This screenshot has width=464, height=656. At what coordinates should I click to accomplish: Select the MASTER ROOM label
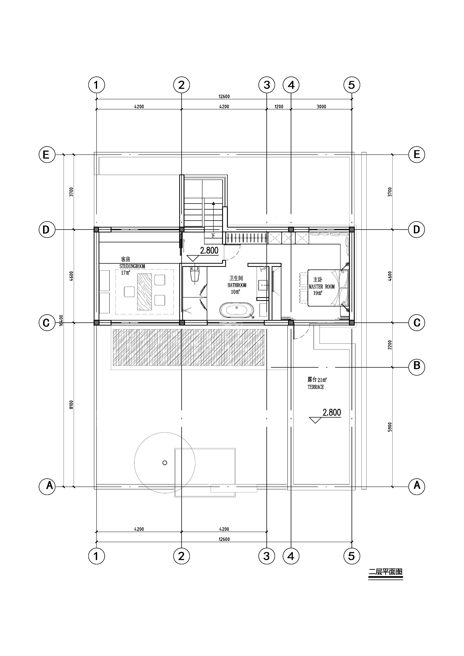322,286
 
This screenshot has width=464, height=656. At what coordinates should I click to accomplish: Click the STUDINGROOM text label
132,266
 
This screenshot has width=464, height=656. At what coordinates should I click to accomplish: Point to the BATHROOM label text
237,285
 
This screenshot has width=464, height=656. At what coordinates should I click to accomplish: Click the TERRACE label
316,387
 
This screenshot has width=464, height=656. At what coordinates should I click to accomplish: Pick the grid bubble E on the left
47,155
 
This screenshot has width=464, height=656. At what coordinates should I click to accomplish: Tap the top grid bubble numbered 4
291,85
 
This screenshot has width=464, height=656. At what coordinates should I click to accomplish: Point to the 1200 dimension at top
279,107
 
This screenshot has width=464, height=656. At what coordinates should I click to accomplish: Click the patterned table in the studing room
144,292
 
